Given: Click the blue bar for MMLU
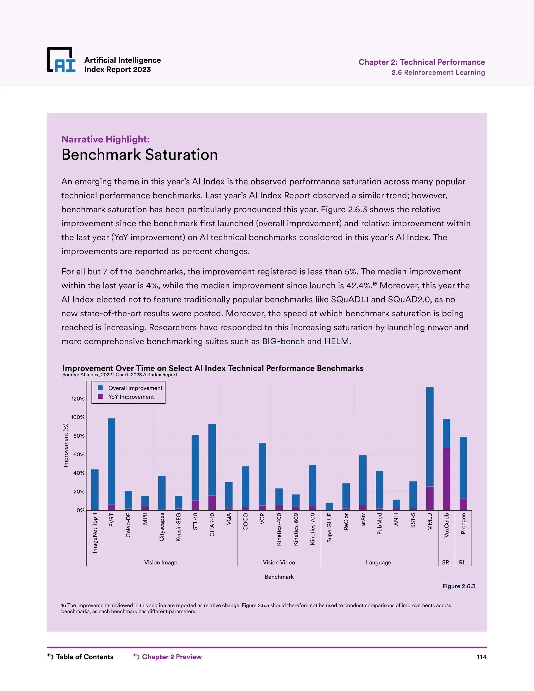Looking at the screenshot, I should coord(430,437).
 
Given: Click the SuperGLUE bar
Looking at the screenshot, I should coord(329,506).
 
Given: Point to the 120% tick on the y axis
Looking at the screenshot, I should coord(78,399).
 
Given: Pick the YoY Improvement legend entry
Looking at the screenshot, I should coord(131,397).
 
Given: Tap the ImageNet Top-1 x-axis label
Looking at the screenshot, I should coord(95,533).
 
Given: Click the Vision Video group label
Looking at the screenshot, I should coord(279,562).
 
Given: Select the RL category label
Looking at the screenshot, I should coord(462,562).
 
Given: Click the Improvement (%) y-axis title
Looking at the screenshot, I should coord(66,445).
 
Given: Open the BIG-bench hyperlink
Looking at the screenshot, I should coord(283,341).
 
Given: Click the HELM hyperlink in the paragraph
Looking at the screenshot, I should coord(336,341).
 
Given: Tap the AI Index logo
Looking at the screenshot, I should coord(61,60).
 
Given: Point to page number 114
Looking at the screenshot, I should coord(481,657).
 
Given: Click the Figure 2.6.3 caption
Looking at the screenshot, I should coord(459,586).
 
